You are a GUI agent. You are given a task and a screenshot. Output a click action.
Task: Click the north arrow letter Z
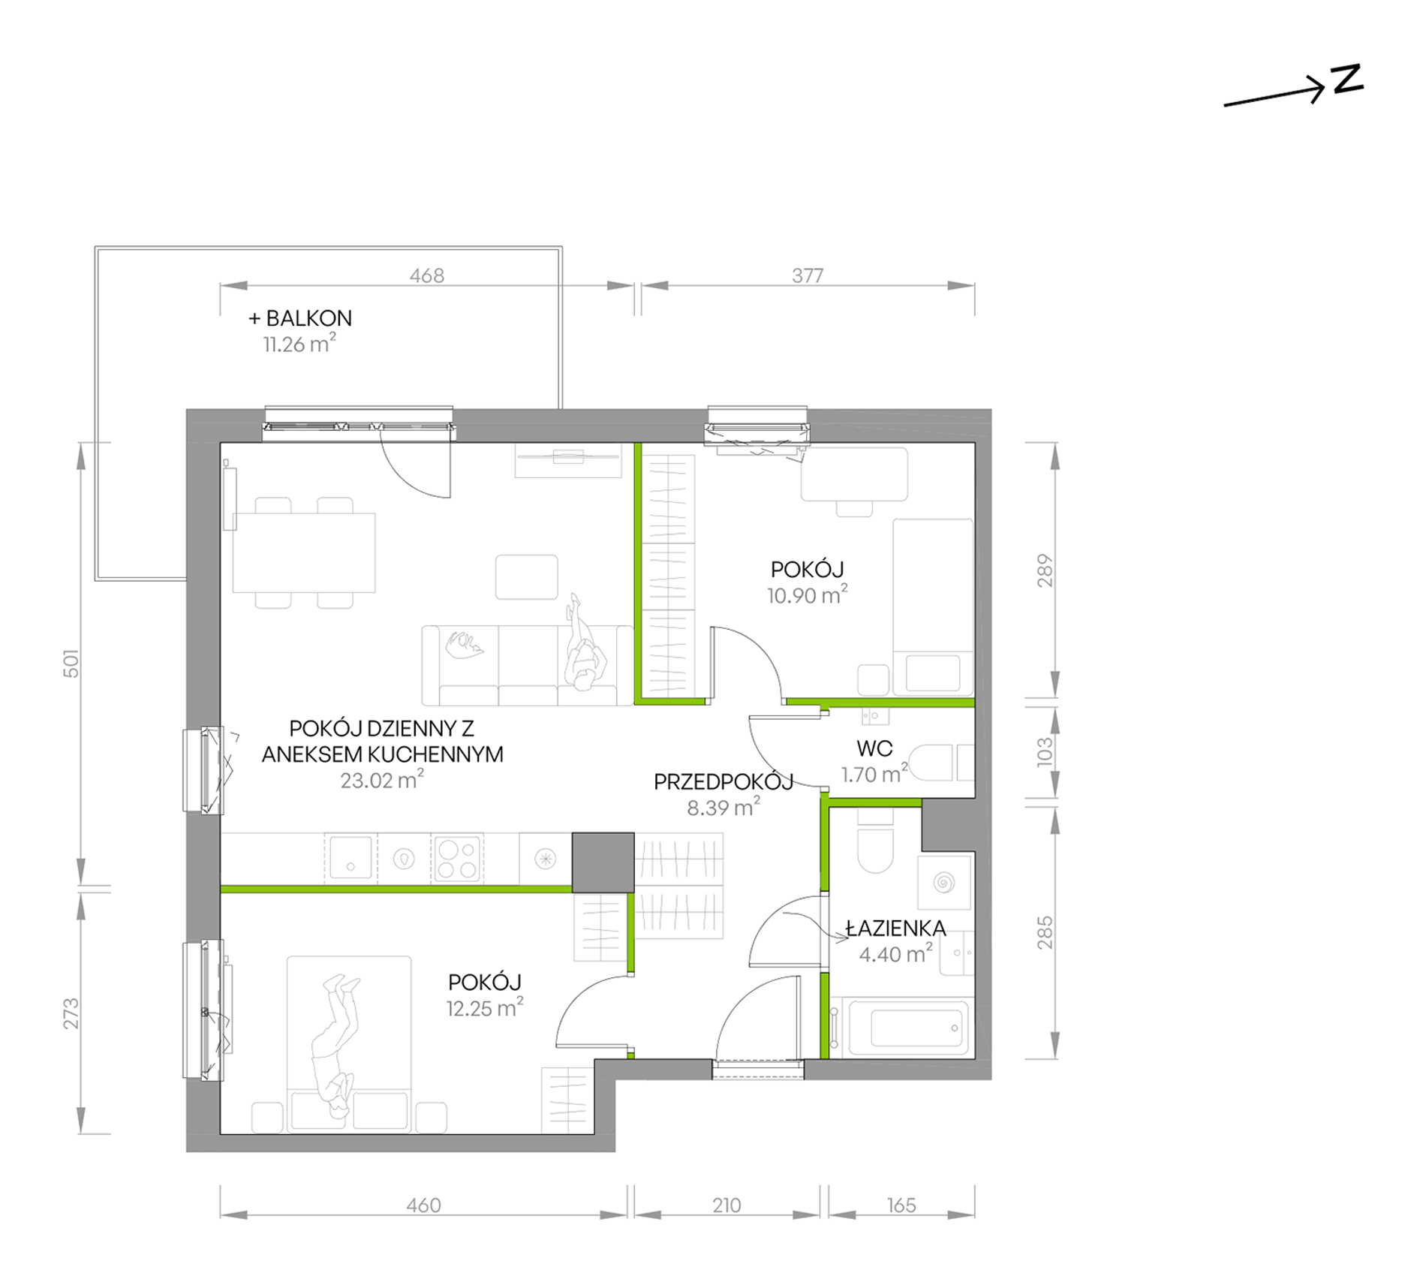1347,80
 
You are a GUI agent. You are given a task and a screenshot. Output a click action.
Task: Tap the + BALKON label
300,318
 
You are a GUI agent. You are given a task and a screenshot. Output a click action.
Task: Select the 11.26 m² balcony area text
299,344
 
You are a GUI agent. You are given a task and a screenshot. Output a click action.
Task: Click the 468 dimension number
427,275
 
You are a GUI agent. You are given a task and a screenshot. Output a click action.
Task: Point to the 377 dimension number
808,275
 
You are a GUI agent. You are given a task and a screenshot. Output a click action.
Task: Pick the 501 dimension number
71,664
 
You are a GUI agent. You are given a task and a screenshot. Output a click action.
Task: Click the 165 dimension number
901,1205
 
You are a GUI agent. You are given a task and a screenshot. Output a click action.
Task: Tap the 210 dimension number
727,1205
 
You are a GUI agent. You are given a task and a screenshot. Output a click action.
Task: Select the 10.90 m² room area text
808,595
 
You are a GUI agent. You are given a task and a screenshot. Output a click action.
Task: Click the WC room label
874,748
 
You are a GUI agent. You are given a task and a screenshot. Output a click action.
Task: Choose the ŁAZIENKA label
895,928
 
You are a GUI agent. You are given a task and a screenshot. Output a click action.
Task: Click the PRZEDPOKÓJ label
724,782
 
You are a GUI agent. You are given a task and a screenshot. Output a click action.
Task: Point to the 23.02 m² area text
382,780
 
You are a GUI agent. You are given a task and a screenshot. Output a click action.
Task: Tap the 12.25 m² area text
485,1008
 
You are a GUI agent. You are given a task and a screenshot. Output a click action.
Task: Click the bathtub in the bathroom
909,1027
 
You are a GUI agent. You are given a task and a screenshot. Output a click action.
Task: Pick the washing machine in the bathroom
945,883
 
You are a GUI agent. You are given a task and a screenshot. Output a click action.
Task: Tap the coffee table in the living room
526,576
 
